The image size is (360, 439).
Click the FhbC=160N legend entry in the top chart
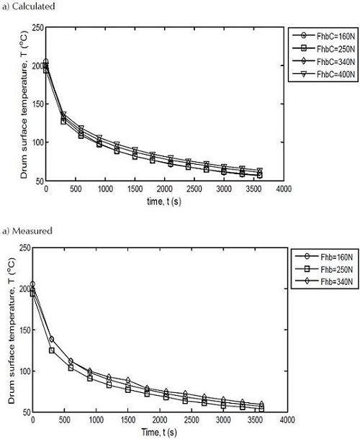[322, 35]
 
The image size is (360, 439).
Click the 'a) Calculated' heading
[28, 6]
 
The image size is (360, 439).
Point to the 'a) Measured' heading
[27, 230]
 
